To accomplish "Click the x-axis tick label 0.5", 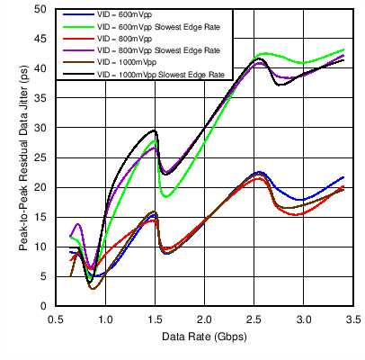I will (57, 319).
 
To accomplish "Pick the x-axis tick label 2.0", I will (204, 319).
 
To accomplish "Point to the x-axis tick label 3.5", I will (352, 319).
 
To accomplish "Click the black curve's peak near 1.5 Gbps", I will (155, 130).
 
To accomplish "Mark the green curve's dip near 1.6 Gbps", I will (165, 196).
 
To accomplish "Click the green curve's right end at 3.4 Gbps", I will (343, 50).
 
